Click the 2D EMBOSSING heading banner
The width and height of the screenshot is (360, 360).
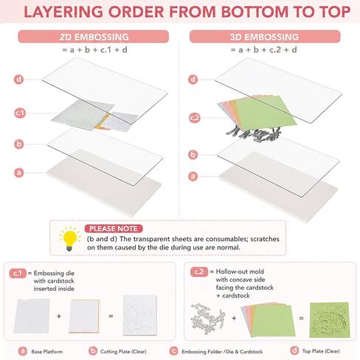click(x=94, y=37)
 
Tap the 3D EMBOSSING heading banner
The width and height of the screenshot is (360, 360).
click(x=265, y=37)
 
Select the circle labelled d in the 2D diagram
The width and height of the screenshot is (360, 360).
click(x=18, y=80)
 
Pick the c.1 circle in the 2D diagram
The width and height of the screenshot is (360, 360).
click(x=20, y=113)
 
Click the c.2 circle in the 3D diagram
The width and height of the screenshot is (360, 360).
click(x=195, y=118)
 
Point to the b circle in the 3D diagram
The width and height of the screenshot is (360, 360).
click(x=193, y=155)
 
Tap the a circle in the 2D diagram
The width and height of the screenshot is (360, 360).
click(x=19, y=173)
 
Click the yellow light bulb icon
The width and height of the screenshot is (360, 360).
click(x=70, y=238)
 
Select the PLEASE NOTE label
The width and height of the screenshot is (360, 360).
click(x=114, y=229)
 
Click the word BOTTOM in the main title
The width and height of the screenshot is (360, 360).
click(x=255, y=12)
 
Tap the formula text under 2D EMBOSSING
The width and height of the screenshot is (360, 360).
click(x=94, y=50)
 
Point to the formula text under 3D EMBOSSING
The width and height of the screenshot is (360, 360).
click(x=263, y=50)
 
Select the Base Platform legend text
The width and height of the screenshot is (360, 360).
click(x=47, y=352)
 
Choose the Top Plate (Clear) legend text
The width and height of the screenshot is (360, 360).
click(x=321, y=351)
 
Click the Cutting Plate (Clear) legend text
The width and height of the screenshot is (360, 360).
click(x=123, y=352)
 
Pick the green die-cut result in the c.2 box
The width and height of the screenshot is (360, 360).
click(x=329, y=320)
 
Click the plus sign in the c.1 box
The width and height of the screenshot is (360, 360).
click(x=59, y=316)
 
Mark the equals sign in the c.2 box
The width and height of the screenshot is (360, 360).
click(x=301, y=318)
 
